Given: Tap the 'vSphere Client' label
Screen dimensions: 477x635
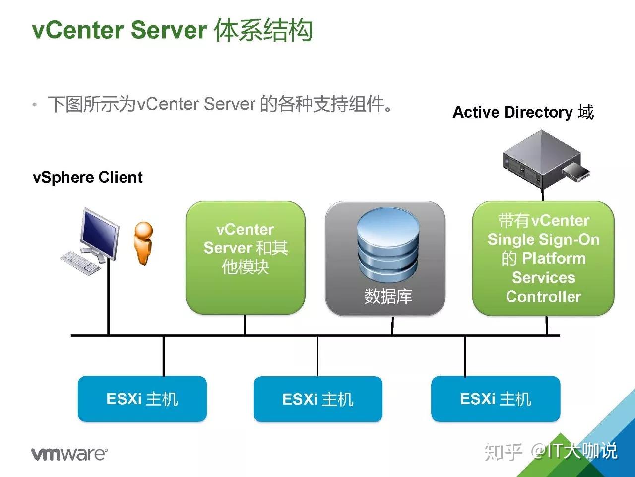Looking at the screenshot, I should click(88, 177).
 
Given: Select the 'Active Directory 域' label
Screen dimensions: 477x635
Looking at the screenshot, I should click(523, 112).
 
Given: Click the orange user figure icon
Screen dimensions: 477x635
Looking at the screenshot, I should click(144, 243).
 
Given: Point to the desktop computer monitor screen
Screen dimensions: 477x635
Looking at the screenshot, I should click(100, 233).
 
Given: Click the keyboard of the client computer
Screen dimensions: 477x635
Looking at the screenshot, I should click(80, 262).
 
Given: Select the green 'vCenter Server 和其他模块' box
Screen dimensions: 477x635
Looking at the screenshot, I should click(245, 257).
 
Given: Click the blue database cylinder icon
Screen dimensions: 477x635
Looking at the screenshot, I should click(388, 245).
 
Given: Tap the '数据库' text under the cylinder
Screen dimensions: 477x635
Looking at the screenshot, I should click(388, 296).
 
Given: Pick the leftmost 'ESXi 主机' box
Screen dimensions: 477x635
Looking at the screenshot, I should click(142, 399).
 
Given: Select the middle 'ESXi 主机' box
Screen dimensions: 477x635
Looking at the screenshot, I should click(317, 399).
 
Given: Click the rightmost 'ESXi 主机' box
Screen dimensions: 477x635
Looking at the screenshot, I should click(495, 399).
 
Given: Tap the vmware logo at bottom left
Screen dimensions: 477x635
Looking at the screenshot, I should click(69, 453).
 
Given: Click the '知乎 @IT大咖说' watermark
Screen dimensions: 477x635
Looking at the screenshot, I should click(551, 451).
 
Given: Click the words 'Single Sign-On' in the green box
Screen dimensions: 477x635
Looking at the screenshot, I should click(543, 239).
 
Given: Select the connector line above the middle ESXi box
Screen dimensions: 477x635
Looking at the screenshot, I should click(317, 356).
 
